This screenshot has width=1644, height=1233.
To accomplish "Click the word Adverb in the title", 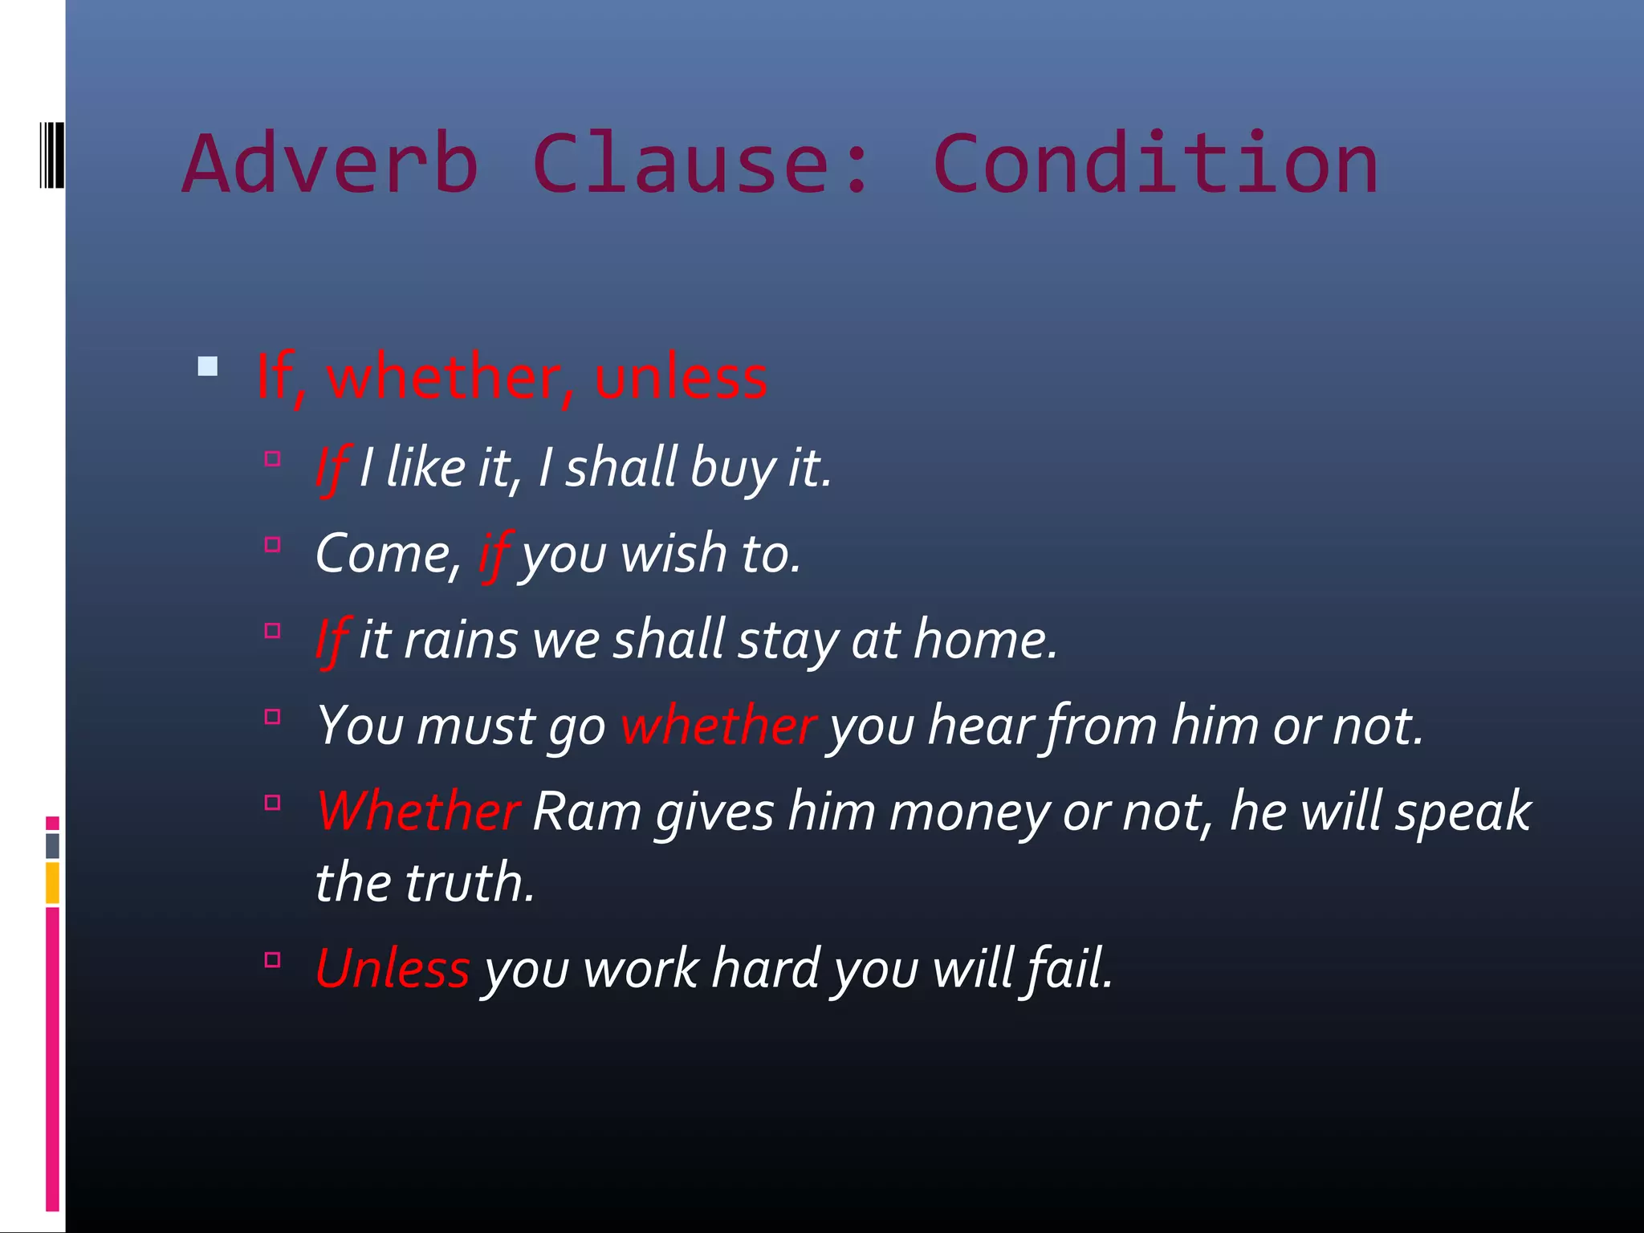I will click(x=331, y=165).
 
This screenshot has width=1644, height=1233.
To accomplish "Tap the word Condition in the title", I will click(x=1156, y=165).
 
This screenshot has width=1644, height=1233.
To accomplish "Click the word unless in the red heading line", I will click(x=681, y=377).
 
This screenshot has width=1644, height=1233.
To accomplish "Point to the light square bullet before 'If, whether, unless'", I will click(x=208, y=367).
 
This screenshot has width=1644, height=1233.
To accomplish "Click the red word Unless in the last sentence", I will click(x=393, y=968).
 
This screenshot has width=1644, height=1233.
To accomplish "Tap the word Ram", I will click(x=586, y=812).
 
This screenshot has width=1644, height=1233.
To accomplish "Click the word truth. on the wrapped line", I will click(x=470, y=882).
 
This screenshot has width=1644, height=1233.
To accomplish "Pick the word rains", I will click(x=461, y=641).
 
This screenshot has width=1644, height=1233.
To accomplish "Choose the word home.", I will click(x=986, y=641).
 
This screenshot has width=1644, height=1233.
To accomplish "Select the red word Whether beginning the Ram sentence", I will click(x=418, y=812).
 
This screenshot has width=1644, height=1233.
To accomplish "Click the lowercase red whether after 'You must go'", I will click(x=718, y=726).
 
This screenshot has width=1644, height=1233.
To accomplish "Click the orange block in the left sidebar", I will click(x=53, y=882).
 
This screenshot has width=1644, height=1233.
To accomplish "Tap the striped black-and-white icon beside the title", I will click(x=52, y=154).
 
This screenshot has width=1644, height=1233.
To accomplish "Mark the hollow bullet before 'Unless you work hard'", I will click(x=273, y=960).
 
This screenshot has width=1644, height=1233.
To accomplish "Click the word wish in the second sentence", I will click(x=673, y=554).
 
